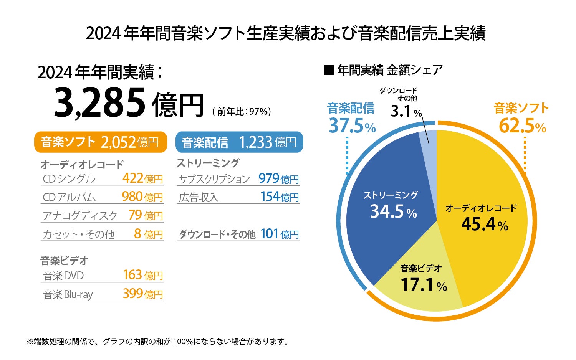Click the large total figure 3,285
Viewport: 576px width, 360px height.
pyautogui.click(x=100, y=103)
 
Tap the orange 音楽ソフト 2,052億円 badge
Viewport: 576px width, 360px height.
pyautogui.click(x=101, y=142)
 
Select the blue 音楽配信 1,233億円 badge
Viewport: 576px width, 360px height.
pyautogui.click(x=239, y=142)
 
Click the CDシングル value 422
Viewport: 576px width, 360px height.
pyautogui.click(x=133, y=178)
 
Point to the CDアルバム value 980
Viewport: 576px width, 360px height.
pyautogui.click(x=132, y=197)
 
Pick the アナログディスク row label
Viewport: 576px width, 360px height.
pyautogui.click(x=80, y=216)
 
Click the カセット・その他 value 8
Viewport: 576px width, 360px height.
pyautogui.click(x=137, y=234)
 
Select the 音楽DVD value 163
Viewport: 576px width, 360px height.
pyautogui.click(x=133, y=275)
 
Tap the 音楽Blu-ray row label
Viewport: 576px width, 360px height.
pyautogui.click(x=68, y=294)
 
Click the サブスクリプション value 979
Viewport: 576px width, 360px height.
pyautogui.click(x=269, y=178)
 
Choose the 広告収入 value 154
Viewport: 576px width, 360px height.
pyautogui.click(x=270, y=197)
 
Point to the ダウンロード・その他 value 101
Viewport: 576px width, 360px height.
pyautogui.click(x=270, y=234)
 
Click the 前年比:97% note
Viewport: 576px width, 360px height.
pyautogui.click(x=242, y=112)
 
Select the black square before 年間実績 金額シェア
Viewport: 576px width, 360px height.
pyautogui.click(x=329, y=70)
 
